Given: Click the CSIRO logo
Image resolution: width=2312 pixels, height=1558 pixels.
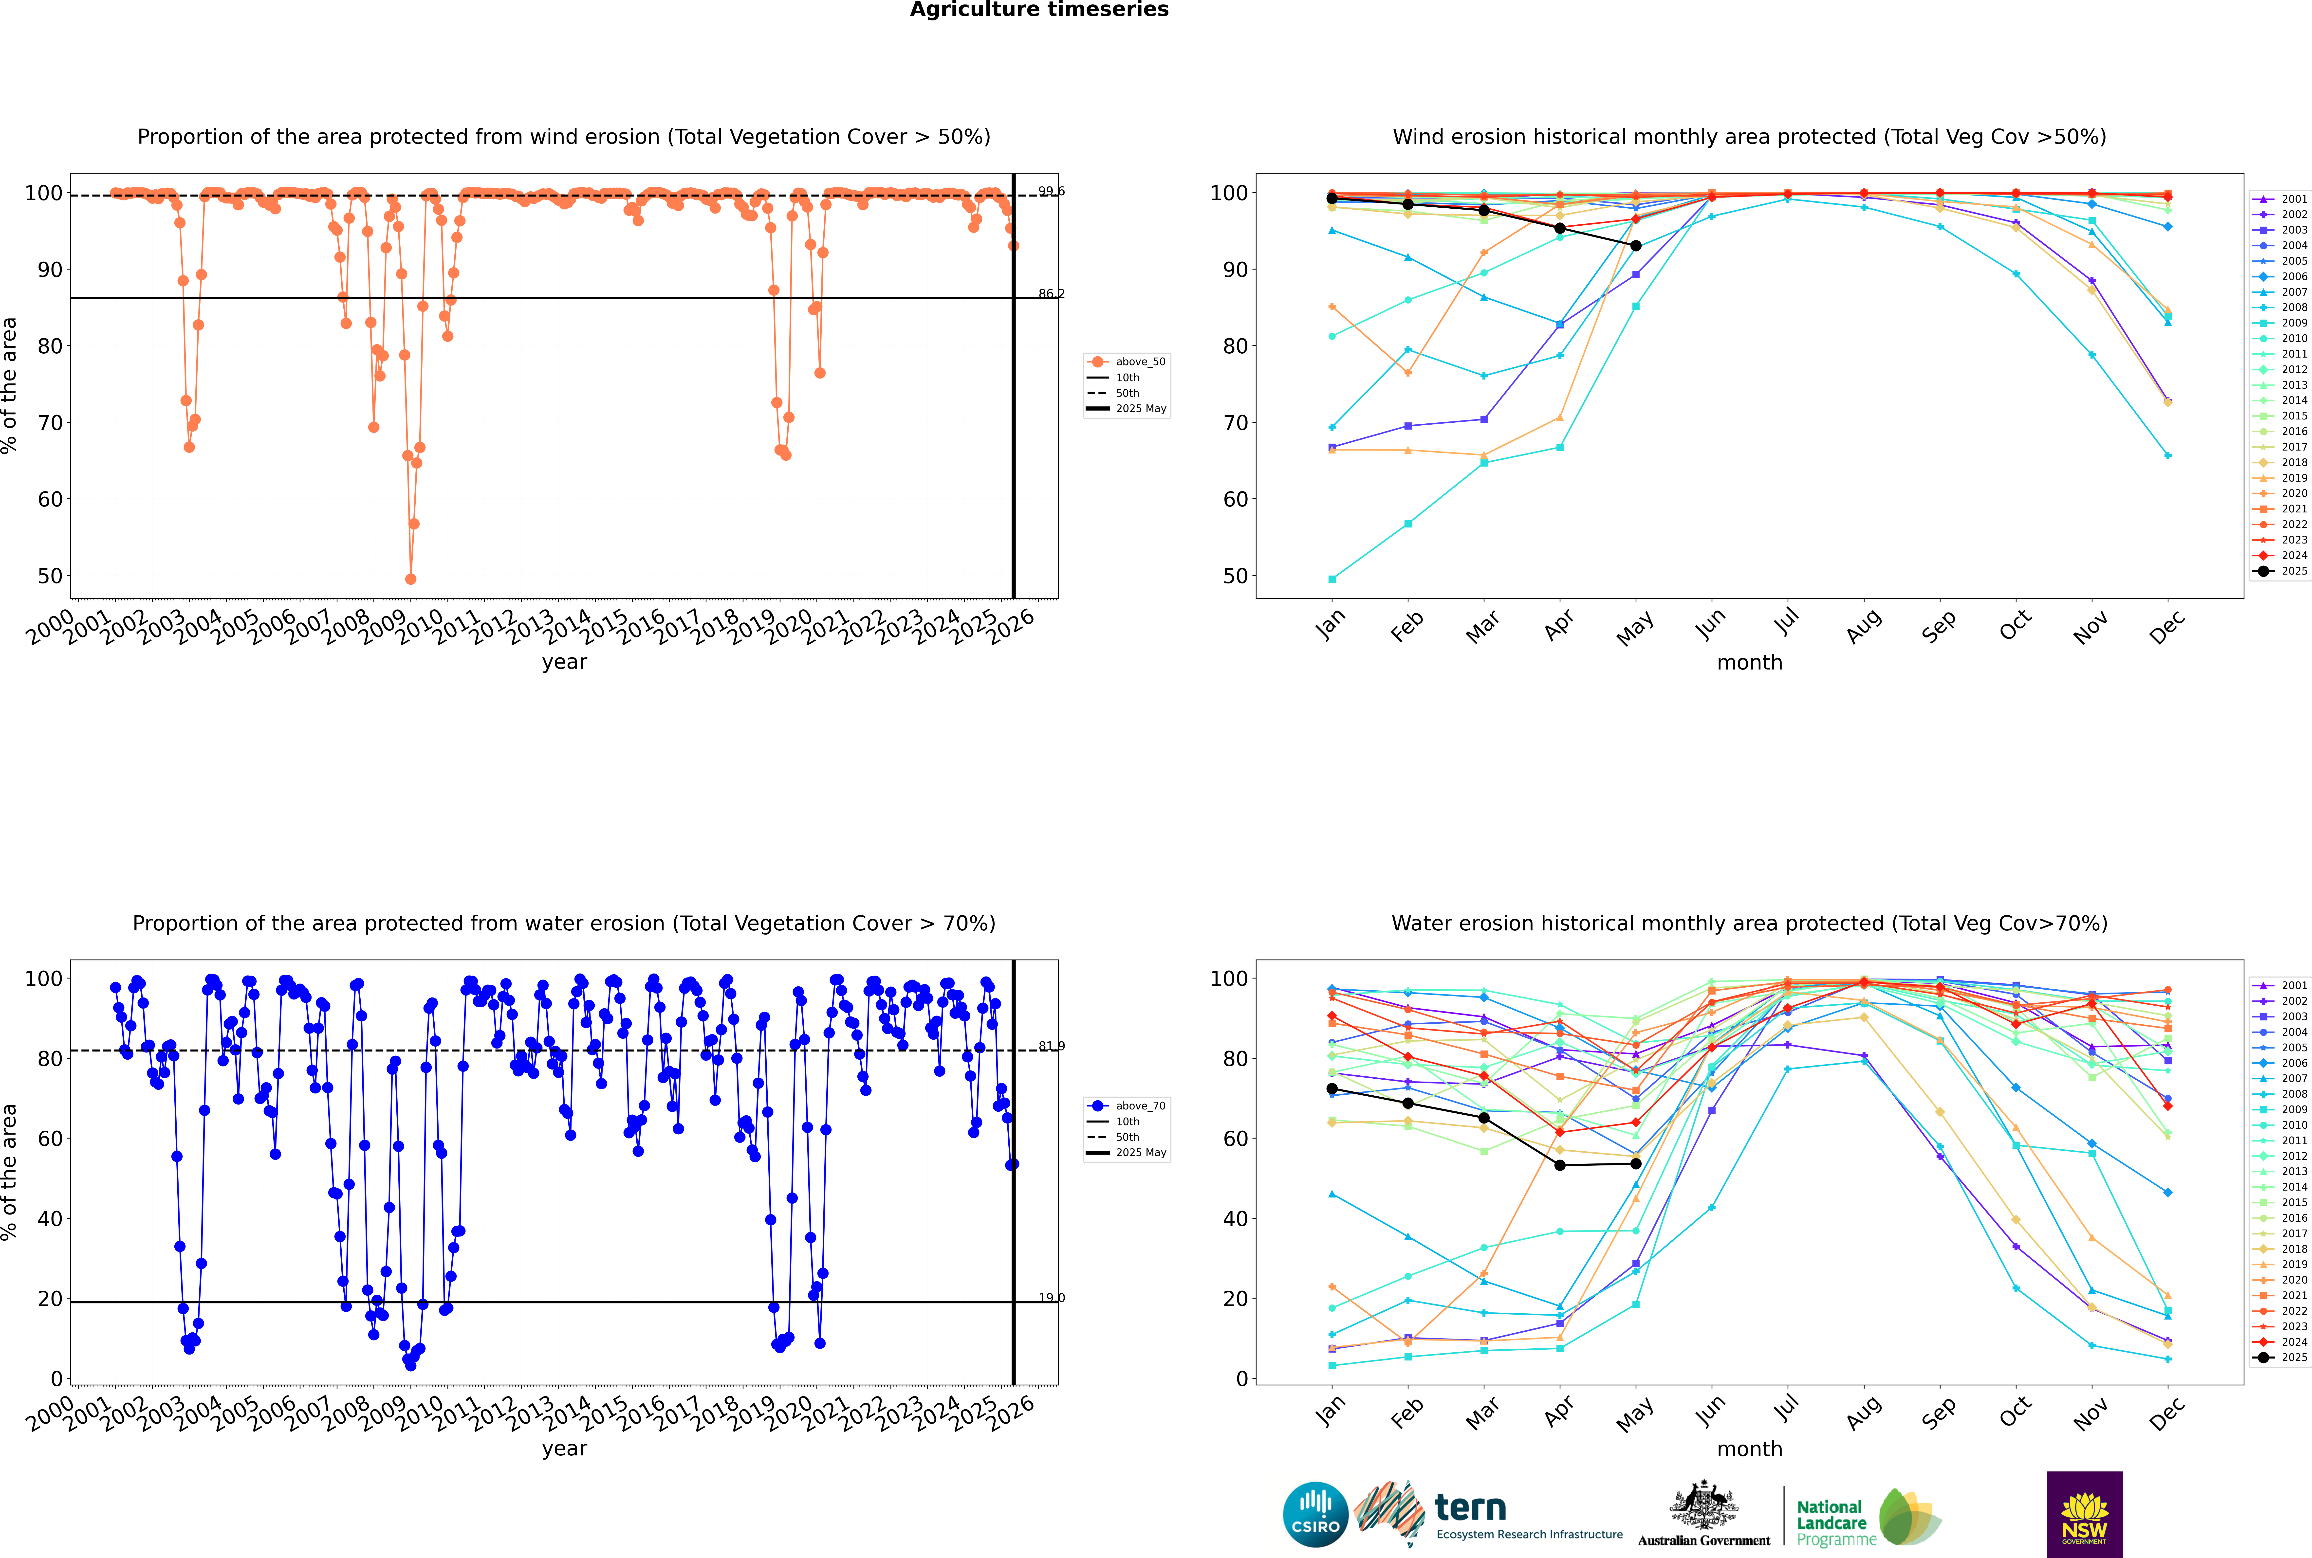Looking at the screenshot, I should point(1315,1514).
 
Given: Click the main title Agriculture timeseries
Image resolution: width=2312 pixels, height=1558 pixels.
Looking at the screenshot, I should point(1039,10).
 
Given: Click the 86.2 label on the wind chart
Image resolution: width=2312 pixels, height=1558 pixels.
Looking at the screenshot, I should point(1051,294).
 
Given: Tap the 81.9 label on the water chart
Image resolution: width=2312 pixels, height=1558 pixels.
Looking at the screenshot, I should point(1051,1046).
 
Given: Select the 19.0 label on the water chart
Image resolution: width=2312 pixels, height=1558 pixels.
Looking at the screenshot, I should point(1051,1298).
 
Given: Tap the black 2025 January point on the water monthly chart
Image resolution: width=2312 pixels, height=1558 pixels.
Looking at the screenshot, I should point(1332,1089).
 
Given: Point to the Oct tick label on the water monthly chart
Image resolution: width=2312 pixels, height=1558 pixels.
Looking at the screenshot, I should point(2015,1411).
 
